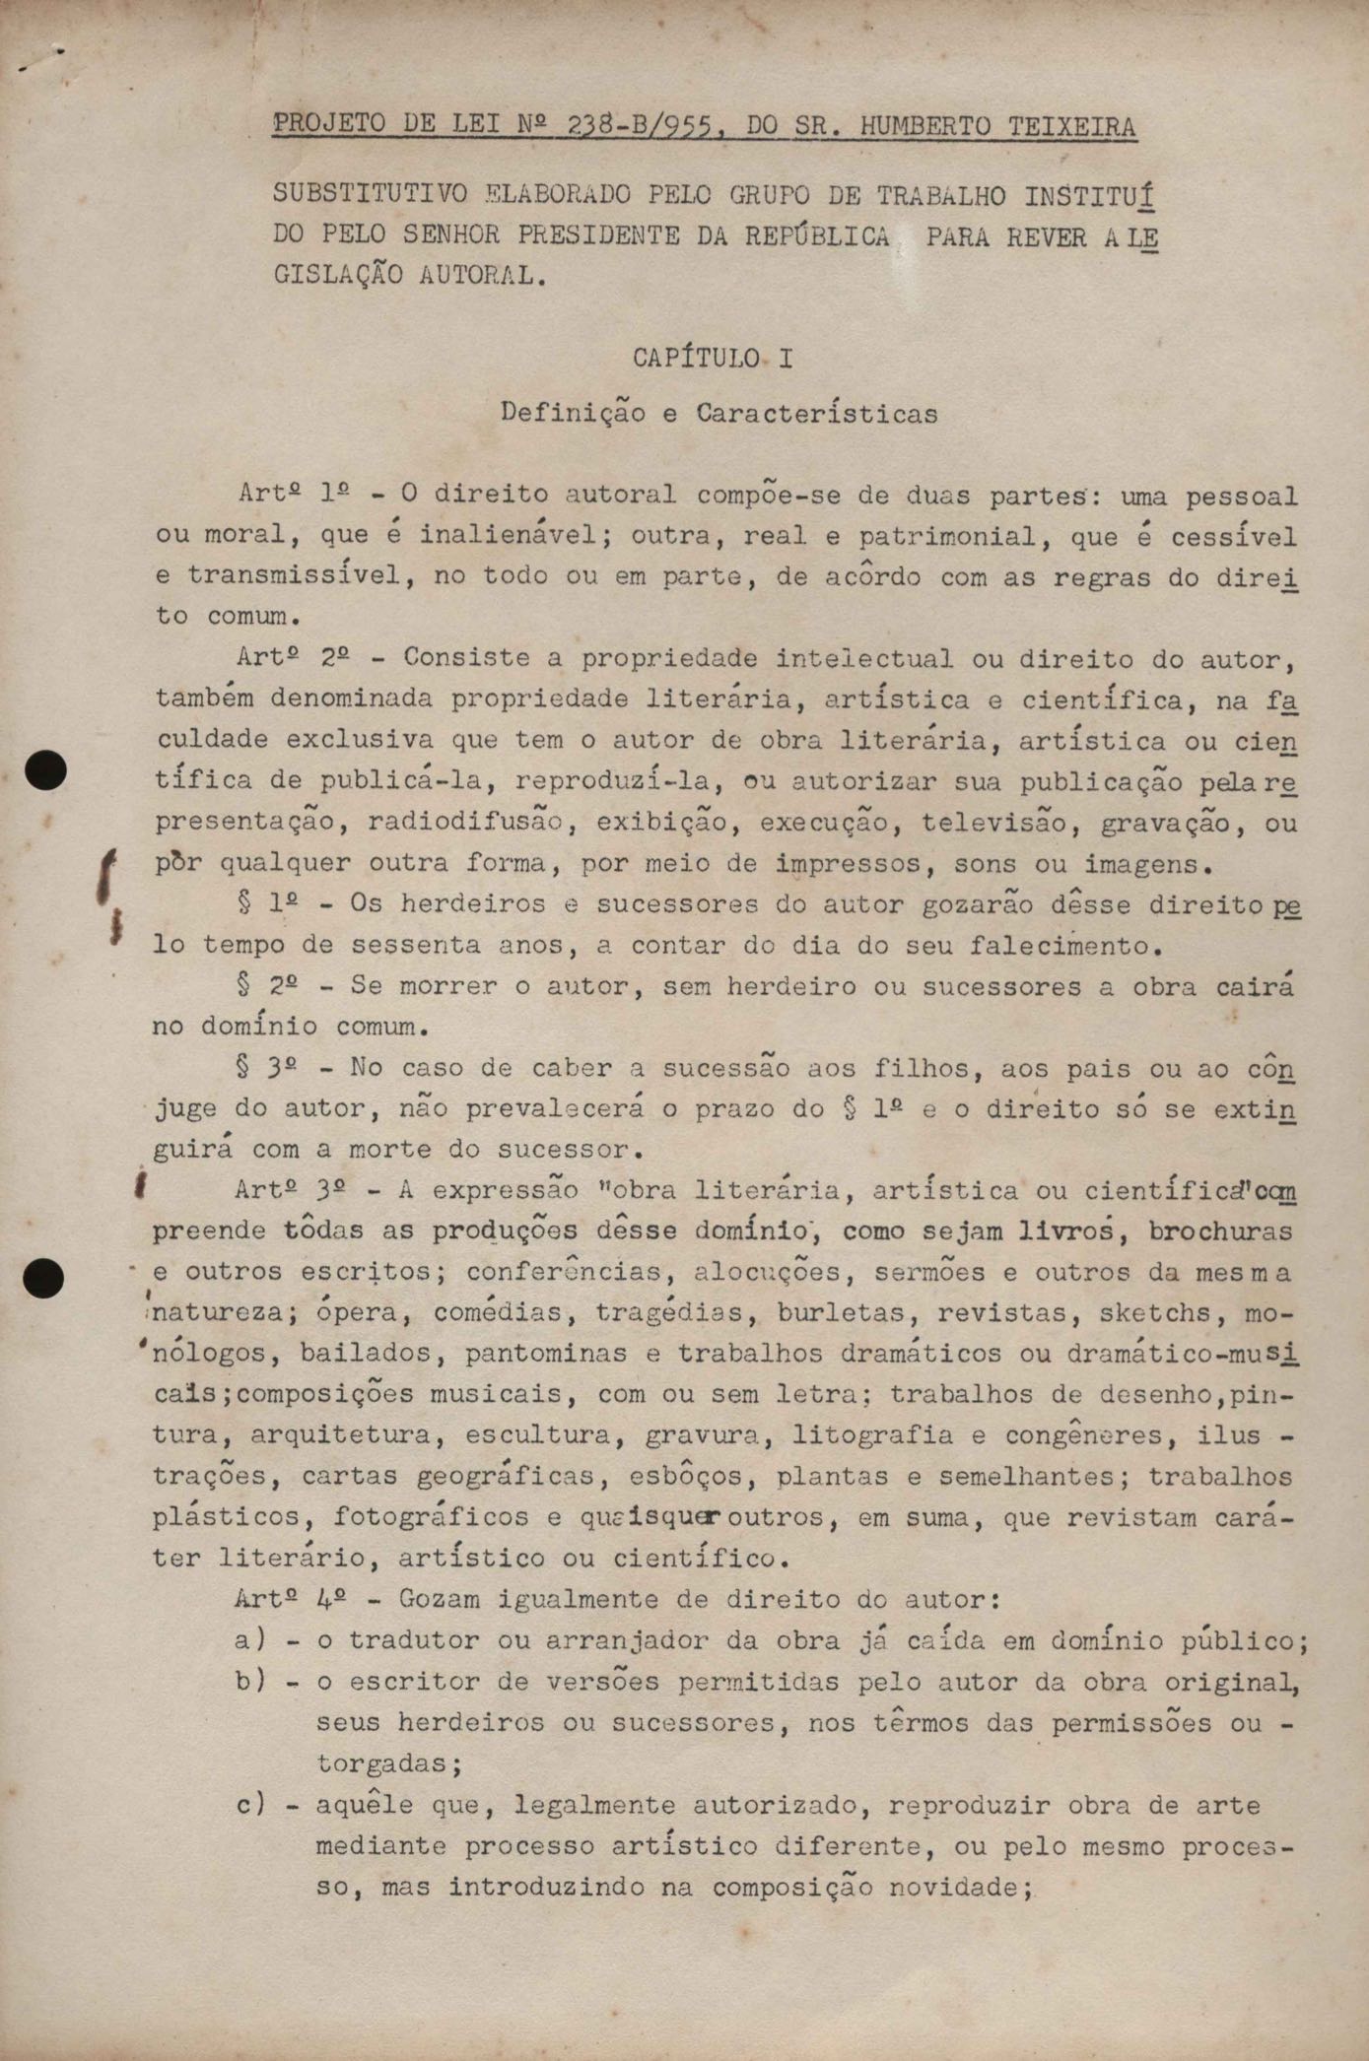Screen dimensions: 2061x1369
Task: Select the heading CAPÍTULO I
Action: click(x=713, y=359)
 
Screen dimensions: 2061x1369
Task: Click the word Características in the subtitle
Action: click(x=817, y=414)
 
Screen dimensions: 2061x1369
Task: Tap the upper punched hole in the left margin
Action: click(x=45, y=770)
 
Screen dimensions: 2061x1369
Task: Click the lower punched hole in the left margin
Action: click(x=43, y=1278)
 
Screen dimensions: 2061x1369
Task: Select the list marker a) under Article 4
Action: click(x=250, y=1641)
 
